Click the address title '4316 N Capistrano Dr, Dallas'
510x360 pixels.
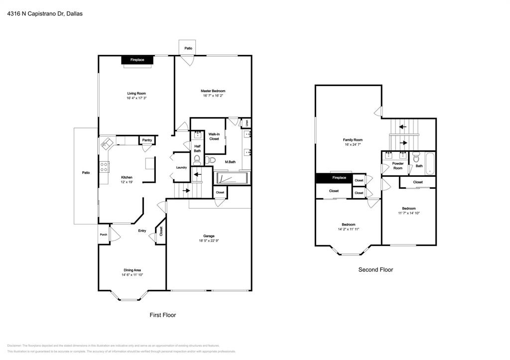(45, 14)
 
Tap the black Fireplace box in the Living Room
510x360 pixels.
(137, 60)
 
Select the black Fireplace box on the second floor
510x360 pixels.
(334, 178)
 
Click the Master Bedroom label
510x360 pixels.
(213, 91)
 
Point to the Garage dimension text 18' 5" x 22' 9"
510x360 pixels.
(208, 241)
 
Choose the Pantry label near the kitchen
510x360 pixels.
(147, 140)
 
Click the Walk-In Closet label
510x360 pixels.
(214, 136)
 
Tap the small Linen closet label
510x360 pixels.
(246, 122)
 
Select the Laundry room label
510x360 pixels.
(181, 167)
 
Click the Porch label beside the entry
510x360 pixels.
(104, 235)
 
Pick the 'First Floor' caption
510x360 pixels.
(163, 315)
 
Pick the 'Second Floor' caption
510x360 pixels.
(376, 270)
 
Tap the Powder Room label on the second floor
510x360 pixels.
(397, 166)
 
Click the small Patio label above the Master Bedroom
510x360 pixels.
(188, 48)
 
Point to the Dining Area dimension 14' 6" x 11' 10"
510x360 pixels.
(132, 275)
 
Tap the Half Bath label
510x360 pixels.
(197, 148)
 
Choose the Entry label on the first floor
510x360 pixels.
(142, 231)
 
